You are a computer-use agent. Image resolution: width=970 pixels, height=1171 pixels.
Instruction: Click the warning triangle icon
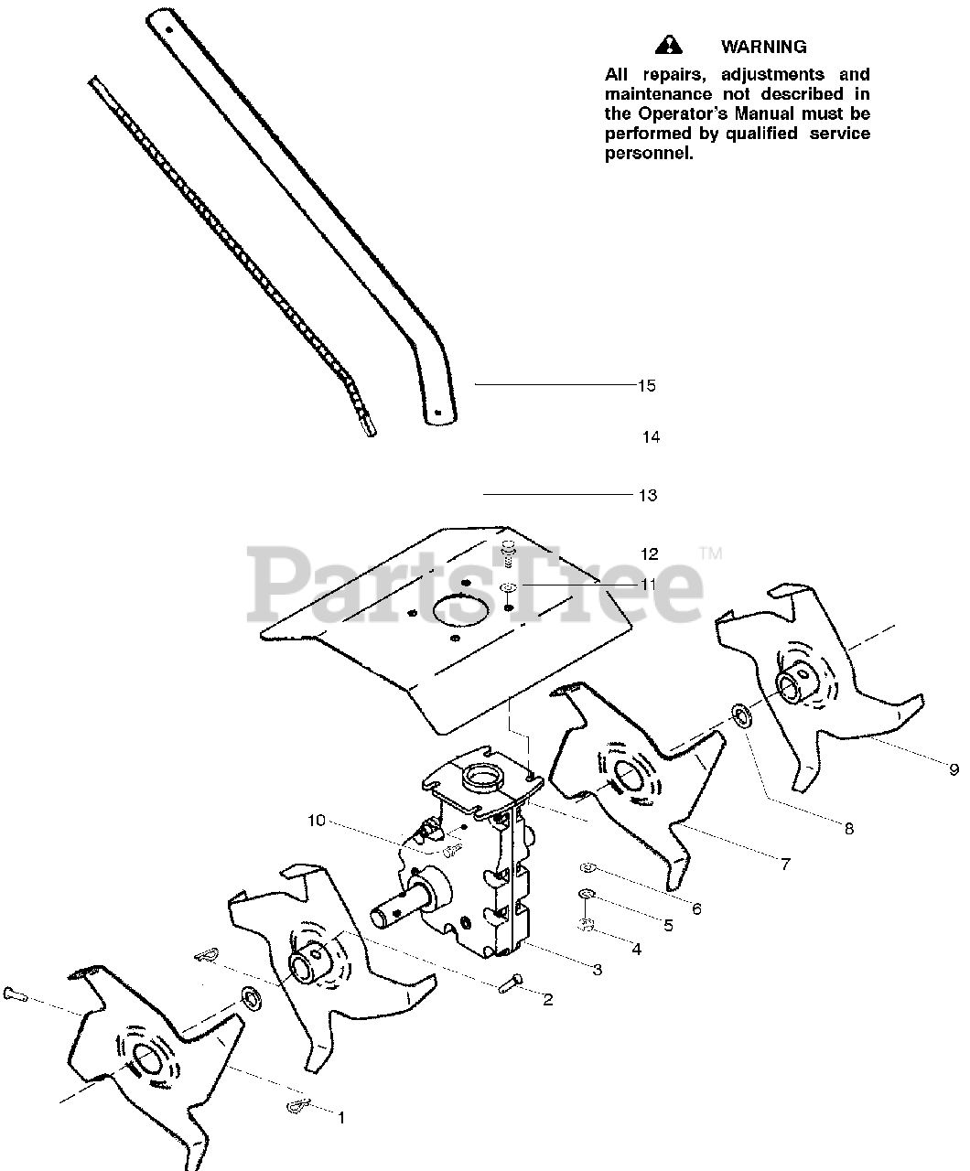coord(669,45)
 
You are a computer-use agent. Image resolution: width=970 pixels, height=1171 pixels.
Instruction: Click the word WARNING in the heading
coord(764,47)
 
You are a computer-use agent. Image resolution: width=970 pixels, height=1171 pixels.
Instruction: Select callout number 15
coord(647,386)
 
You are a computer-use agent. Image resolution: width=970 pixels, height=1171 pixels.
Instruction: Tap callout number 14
coord(651,437)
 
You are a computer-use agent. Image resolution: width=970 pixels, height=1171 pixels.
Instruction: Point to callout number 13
coord(648,496)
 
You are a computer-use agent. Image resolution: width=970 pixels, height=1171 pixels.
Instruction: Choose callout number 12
coord(650,554)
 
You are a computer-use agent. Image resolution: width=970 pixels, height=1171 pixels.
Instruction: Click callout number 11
coord(649,585)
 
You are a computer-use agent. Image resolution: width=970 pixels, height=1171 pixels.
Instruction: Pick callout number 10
coord(316,821)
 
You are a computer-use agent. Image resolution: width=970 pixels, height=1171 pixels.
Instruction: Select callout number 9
coord(954,770)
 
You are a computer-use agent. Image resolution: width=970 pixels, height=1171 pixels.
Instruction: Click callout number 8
coord(849,829)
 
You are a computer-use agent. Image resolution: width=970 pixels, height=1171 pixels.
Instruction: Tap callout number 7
coord(785,864)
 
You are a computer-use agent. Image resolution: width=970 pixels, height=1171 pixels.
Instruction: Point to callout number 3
coord(597,970)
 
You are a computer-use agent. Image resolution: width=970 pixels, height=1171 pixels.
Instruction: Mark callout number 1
coord(341,1117)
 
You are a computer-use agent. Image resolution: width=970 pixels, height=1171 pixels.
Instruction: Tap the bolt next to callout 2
coord(511,984)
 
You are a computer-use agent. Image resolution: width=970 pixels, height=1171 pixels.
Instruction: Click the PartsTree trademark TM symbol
coord(710,553)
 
